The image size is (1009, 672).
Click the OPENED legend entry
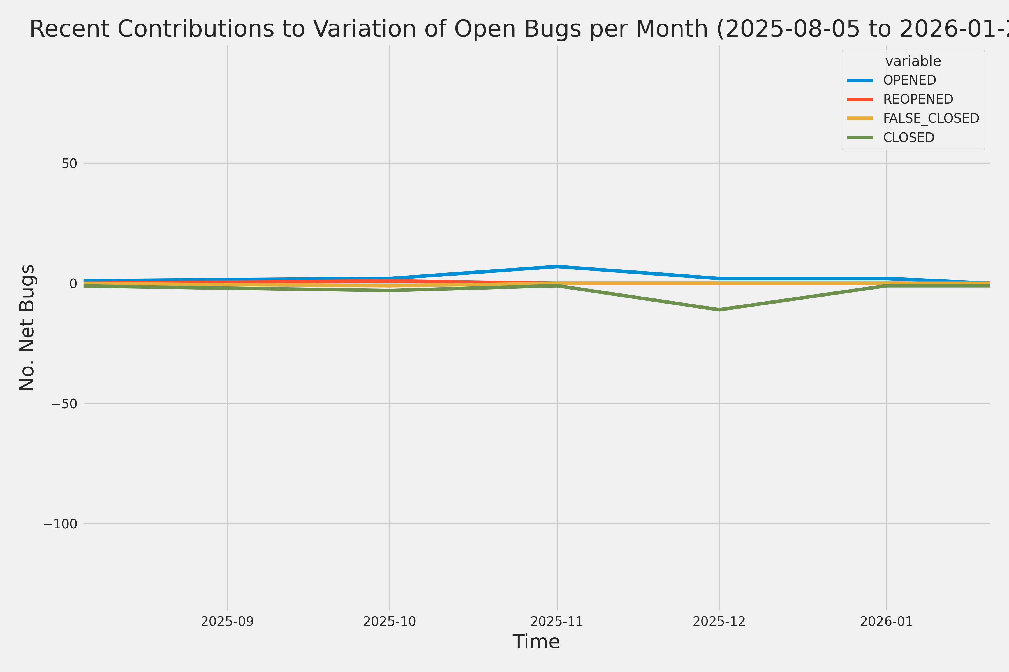pyautogui.click(x=910, y=80)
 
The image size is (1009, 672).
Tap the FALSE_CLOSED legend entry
pyautogui.click(x=931, y=118)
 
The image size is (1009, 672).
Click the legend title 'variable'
pyautogui.click(x=913, y=61)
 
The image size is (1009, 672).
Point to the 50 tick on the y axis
pyautogui.click(x=69, y=163)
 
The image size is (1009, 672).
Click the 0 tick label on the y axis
pyautogui.click(x=73, y=283)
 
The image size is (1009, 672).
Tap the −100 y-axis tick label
pyautogui.click(x=60, y=524)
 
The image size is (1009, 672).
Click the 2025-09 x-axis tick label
pyautogui.click(x=227, y=621)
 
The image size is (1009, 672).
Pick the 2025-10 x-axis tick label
pyautogui.click(x=390, y=621)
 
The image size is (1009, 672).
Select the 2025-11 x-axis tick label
pyautogui.click(x=557, y=621)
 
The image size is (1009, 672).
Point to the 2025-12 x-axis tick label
pyautogui.click(x=719, y=621)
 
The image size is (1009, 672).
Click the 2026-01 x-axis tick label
pyautogui.click(x=886, y=621)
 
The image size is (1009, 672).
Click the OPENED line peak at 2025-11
pyautogui.click(x=557, y=267)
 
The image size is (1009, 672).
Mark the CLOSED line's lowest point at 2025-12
pyautogui.click(x=719, y=309)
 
